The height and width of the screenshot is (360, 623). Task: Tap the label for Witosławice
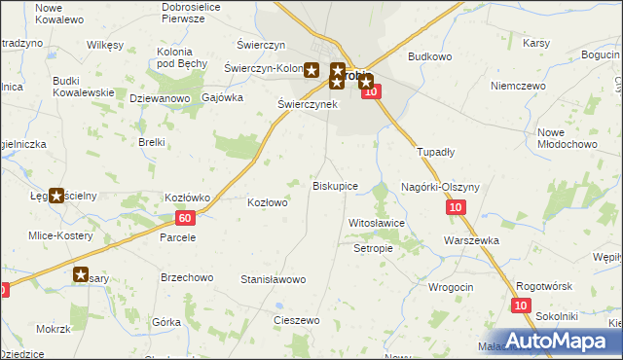[x=376, y=223]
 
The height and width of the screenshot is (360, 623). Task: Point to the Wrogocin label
[x=450, y=287]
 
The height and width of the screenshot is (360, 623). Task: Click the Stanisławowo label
[x=274, y=279]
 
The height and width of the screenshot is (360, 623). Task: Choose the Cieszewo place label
[x=297, y=320]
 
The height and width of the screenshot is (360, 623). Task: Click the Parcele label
[x=178, y=236]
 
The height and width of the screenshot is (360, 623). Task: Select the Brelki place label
[x=151, y=142]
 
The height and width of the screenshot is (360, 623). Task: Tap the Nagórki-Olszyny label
[x=437, y=186]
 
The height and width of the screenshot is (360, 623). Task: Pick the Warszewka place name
[x=471, y=239]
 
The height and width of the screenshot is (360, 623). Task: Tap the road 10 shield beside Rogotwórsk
[x=522, y=306]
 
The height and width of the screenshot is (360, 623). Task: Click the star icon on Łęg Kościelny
[x=56, y=196]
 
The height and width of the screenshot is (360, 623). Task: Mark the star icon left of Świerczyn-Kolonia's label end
[x=311, y=69]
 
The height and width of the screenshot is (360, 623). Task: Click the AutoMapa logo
[x=564, y=342]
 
